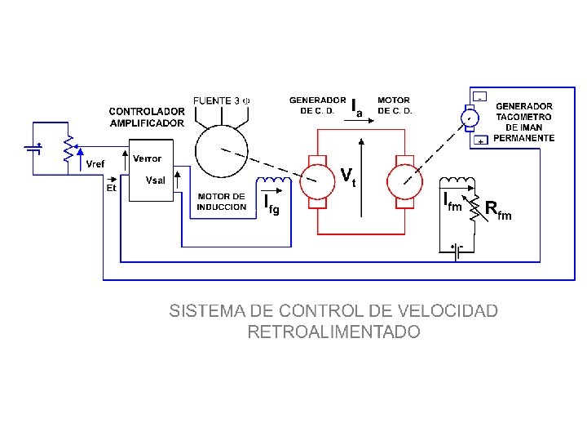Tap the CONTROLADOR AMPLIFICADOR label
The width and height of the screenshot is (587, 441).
[147, 117]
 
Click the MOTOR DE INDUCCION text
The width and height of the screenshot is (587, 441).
[221, 202]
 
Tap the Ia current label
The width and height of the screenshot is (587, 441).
[356, 107]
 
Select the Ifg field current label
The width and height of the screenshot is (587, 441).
[271, 204]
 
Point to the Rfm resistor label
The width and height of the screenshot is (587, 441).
[498, 210]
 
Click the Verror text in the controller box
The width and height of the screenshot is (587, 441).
[147, 158]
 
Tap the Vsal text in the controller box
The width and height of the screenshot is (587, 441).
[155, 180]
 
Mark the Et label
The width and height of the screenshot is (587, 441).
[113, 187]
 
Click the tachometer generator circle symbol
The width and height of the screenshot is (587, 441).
[470, 118]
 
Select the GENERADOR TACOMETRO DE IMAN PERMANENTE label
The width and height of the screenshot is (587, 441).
[523, 122]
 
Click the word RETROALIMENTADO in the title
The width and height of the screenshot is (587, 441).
[333, 332]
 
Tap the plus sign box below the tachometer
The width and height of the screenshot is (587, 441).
[481, 141]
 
